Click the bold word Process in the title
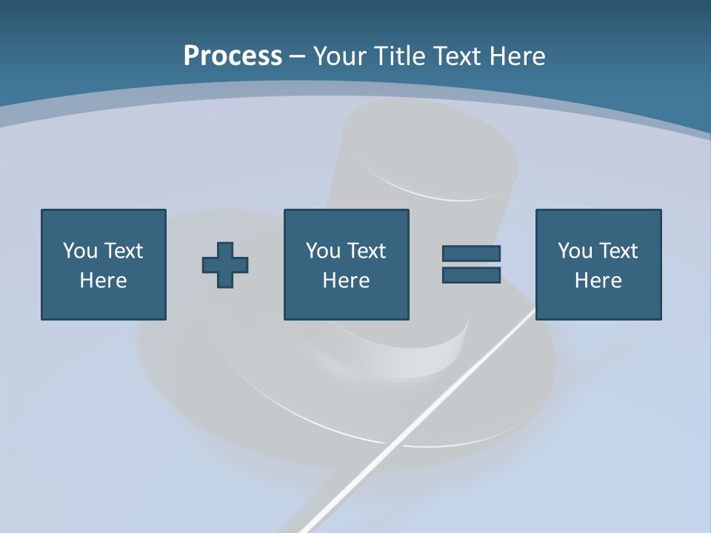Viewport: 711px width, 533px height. (233, 56)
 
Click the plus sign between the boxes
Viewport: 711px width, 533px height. (225, 265)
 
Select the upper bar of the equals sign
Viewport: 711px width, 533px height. (471, 253)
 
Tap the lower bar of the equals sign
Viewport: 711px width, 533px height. (471, 275)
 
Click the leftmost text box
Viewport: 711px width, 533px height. (104, 264)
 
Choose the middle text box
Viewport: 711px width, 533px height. (347, 264)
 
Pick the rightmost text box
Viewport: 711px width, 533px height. (598, 264)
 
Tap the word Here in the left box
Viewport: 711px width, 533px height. (104, 281)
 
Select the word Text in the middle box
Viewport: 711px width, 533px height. (366, 251)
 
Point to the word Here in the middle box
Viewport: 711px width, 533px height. (347, 281)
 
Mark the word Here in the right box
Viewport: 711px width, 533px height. (598, 281)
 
